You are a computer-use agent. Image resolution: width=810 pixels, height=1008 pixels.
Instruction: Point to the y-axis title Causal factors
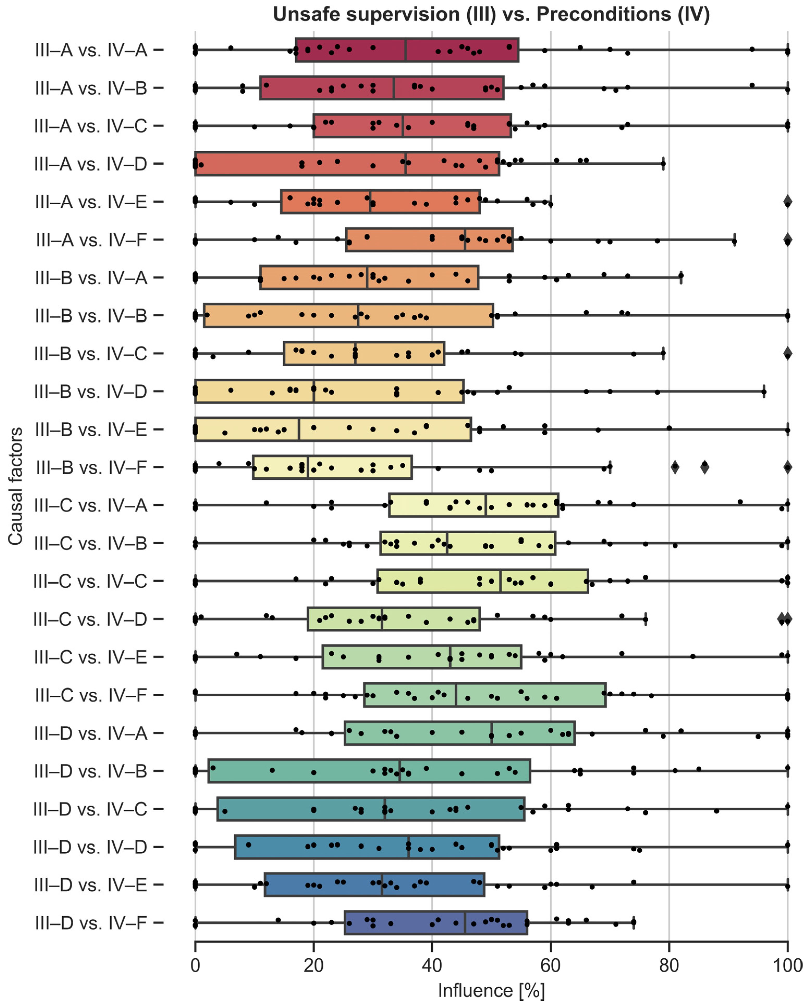(15, 486)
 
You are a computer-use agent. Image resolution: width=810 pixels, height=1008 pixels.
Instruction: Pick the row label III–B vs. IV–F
(91, 467)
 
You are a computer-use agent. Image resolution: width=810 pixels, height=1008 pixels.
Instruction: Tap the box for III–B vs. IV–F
(332, 467)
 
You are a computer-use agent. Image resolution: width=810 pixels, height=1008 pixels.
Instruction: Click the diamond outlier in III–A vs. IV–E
(788, 202)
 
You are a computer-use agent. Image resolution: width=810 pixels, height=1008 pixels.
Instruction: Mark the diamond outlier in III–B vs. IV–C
(788, 353)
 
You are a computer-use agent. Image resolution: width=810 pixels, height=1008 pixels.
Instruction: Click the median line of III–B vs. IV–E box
(299, 429)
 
